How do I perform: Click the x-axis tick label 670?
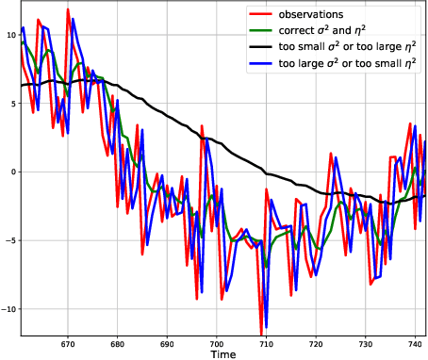coord(67,343)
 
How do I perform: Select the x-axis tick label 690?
coord(167,343)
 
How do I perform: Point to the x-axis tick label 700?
coord(217,343)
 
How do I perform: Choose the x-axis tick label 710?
coord(267,343)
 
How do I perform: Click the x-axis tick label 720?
coord(317,343)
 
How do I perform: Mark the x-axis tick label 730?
coord(367,343)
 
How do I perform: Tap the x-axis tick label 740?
coord(416,343)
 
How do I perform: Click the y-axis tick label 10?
coord(9,35)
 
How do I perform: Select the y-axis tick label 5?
coord(12,104)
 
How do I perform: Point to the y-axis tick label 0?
coord(12,172)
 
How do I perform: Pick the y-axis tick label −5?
coord(9,241)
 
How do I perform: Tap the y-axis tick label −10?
coord(8,310)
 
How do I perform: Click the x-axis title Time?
coord(223,355)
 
